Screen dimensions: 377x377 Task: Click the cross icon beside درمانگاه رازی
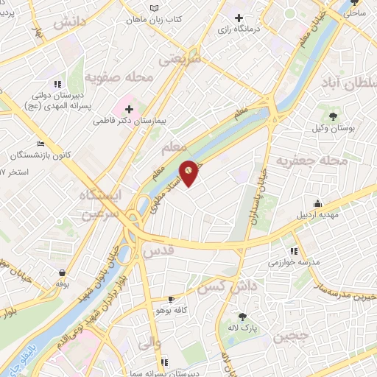point(239,18)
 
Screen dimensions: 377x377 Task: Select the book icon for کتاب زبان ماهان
point(154,8)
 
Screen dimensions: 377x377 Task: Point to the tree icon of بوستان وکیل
point(333,116)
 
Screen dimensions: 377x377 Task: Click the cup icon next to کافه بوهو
point(172,299)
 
